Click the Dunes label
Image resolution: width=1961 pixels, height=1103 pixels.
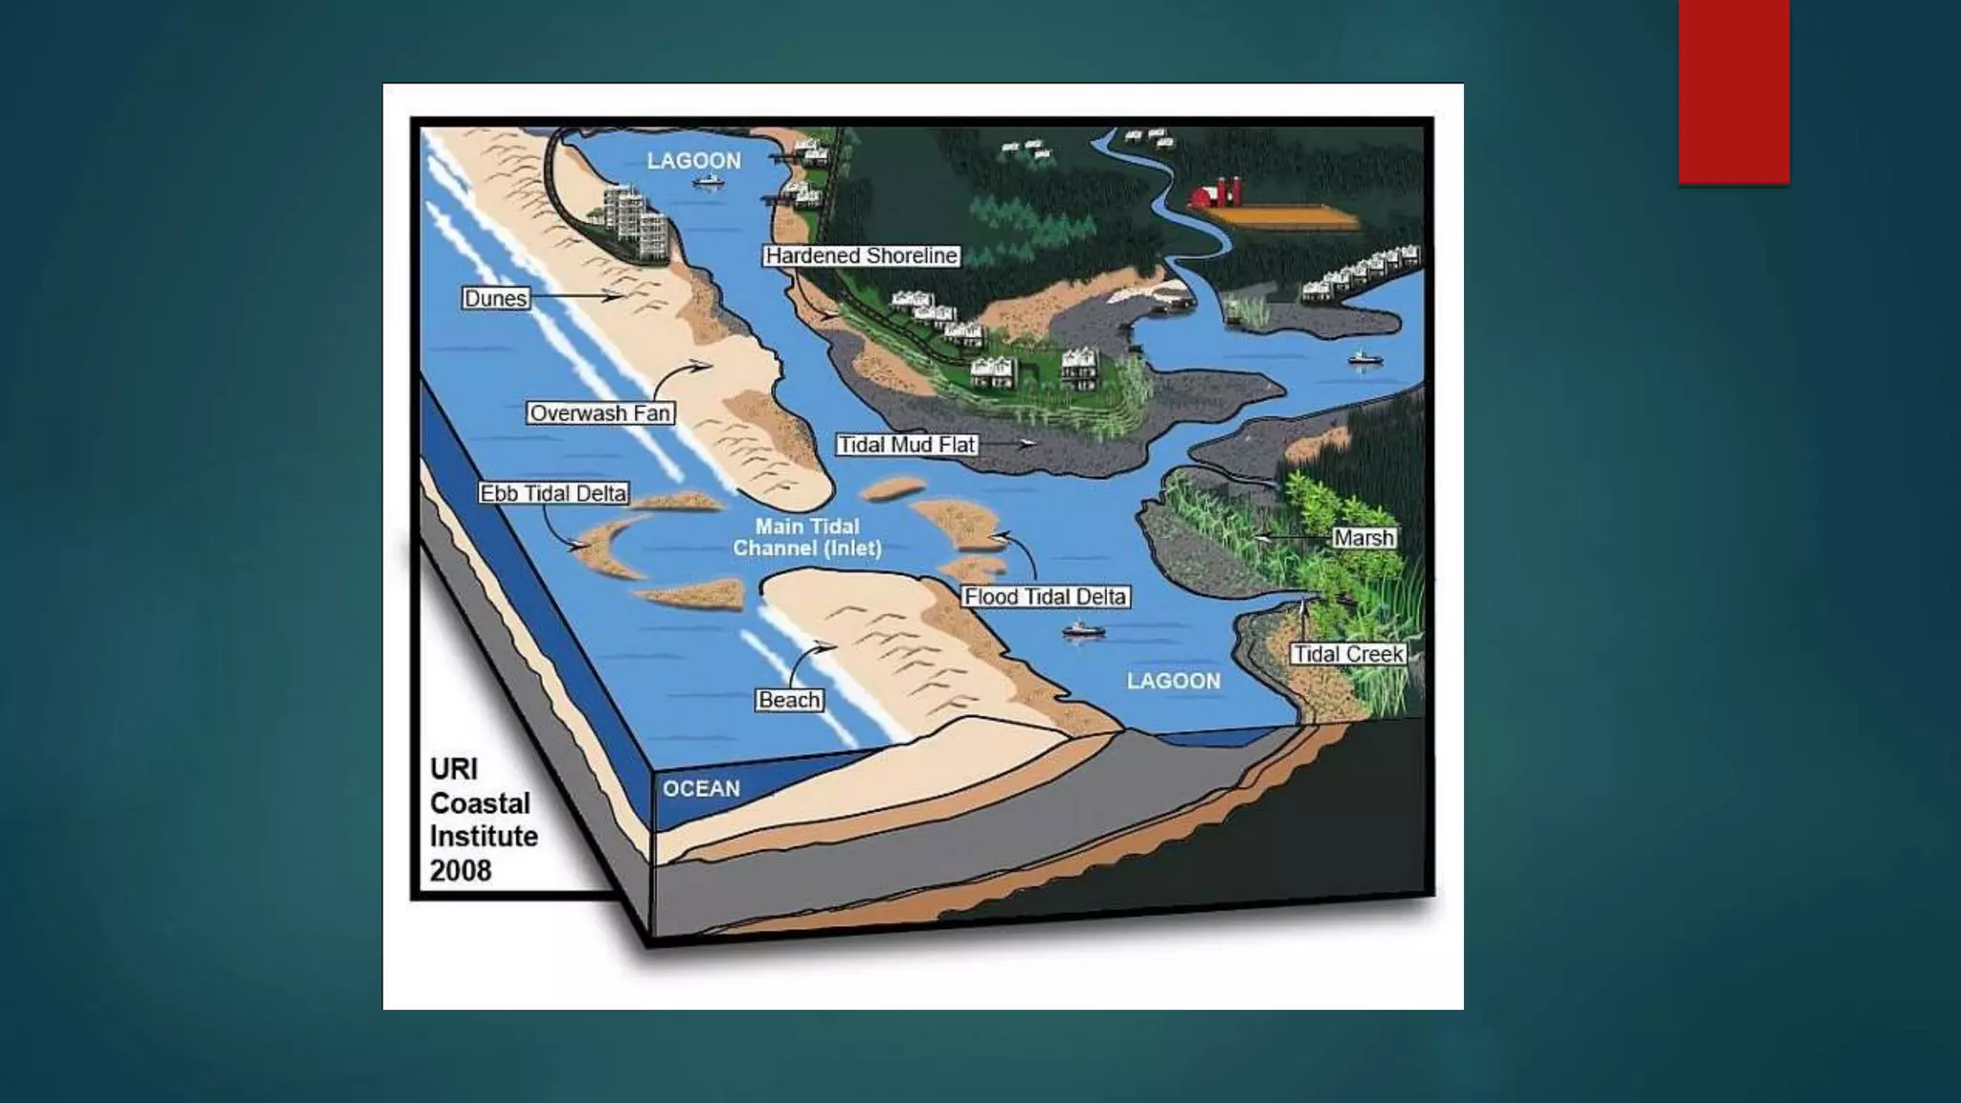coord(495,299)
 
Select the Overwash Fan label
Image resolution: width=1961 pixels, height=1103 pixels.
coord(600,414)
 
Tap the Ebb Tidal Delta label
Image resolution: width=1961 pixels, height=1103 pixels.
coord(553,493)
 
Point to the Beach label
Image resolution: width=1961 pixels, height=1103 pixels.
coord(789,700)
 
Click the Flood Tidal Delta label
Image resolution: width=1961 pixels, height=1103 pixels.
coord(1045,597)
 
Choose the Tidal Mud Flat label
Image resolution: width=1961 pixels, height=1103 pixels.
coord(907,444)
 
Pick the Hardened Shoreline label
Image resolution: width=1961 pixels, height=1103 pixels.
coord(861,256)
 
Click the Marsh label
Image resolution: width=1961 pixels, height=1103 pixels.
coord(1364,538)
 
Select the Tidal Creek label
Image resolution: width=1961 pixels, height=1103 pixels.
coord(1348,654)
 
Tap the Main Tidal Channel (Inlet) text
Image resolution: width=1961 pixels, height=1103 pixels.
coord(807,537)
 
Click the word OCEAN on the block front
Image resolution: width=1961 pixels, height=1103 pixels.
coord(701,789)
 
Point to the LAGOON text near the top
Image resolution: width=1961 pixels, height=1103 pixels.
coord(693,161)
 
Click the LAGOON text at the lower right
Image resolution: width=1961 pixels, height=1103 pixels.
coord(1173,681)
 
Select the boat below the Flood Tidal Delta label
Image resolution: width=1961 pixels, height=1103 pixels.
coord(1082,630)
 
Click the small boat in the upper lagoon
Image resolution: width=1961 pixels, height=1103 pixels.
coord(708,181)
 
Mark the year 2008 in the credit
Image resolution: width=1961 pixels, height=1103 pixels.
coord(461,870)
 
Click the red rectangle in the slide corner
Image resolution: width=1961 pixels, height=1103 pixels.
coord(1733,91)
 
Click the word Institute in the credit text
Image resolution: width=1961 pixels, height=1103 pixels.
coord(484,836)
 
